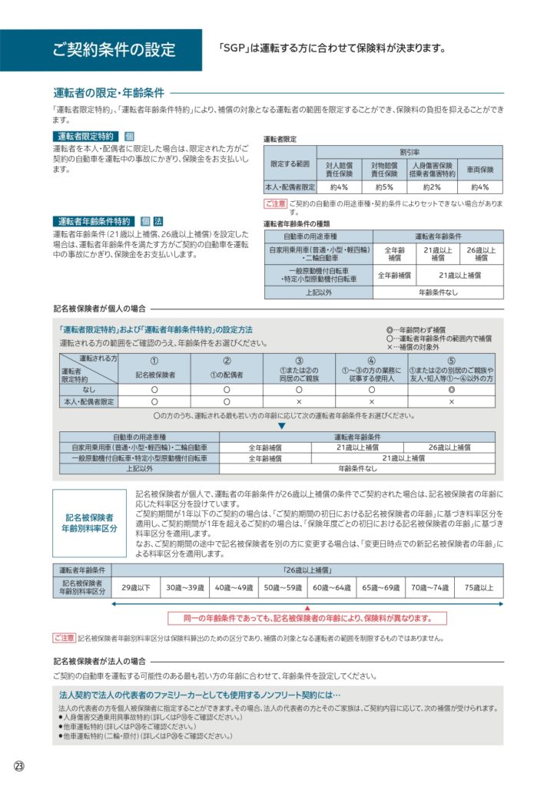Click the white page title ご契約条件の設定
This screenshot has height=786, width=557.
tap(114, 51)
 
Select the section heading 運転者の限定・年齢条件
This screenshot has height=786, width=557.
tap(108, 92)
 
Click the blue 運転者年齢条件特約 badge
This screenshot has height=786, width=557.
tap(93, 221)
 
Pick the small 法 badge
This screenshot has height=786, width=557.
tap(158, 221)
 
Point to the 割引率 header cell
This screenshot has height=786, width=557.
tap(409, 153)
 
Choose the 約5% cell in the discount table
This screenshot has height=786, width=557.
tap(384, 187)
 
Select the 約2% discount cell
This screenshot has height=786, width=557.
tap(432, 187)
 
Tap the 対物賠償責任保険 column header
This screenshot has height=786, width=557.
tap(384, 169)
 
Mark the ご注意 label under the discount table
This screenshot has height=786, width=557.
tap(275, 204)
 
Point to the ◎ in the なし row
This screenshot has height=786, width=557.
tap(451, 389)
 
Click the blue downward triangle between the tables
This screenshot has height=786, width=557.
tap(281, 425)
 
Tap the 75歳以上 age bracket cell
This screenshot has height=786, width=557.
tap(478, 587)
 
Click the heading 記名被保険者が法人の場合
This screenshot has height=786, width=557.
tap(99, 660)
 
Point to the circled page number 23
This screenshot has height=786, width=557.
tap(19, 766)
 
